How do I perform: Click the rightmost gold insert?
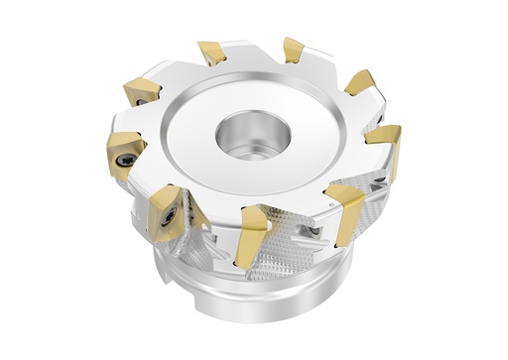tap(388, 146)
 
